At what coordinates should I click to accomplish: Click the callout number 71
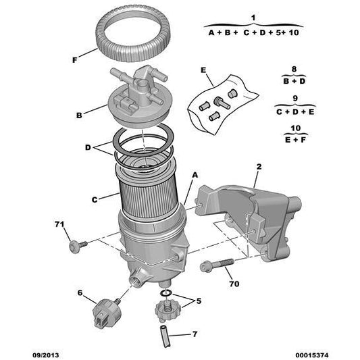click(59, 224)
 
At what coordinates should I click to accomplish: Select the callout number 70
click(234, 284)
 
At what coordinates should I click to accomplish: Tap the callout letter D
click(88, 147)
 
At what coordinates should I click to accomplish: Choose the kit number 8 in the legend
click(294, 68)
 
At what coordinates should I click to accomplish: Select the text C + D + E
click(294, 111)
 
